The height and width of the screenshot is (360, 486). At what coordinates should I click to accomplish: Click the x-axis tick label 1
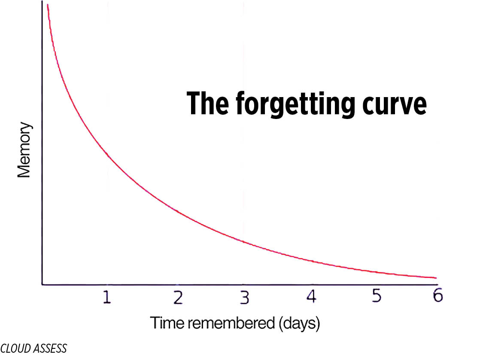pos(107,297)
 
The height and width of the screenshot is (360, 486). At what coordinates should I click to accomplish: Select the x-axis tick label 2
pos(178,297)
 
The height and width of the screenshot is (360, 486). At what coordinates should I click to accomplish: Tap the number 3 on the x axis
pos(245,297)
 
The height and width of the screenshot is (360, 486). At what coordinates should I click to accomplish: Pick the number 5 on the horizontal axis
pos(377,296)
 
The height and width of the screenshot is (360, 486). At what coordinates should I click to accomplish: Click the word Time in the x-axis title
pos(168,323)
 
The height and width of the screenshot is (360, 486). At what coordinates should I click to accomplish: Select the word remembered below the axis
pos(231,323)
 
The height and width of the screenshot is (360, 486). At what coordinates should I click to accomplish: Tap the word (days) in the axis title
pos(299,323)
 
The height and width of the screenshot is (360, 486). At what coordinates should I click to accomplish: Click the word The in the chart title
pos(208,103)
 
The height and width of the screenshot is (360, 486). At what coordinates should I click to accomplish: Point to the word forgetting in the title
pos(295,105)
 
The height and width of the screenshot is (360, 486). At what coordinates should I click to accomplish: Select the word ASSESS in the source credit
pos(50,348)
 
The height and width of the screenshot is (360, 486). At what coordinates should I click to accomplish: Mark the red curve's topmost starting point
pos(47,5)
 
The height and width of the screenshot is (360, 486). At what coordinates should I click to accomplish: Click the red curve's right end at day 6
pos(436,278)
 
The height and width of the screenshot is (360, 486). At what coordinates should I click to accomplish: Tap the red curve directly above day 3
pos(243,241)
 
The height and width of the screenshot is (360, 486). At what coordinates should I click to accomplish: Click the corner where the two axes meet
pos(42,284)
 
